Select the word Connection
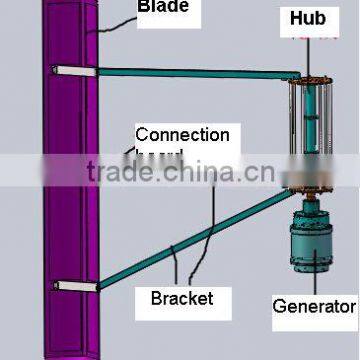(x=182, y=135)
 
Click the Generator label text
(x=314, y=306)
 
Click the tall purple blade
(x=71, y=200)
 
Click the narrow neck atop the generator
(x=312, y=205)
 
